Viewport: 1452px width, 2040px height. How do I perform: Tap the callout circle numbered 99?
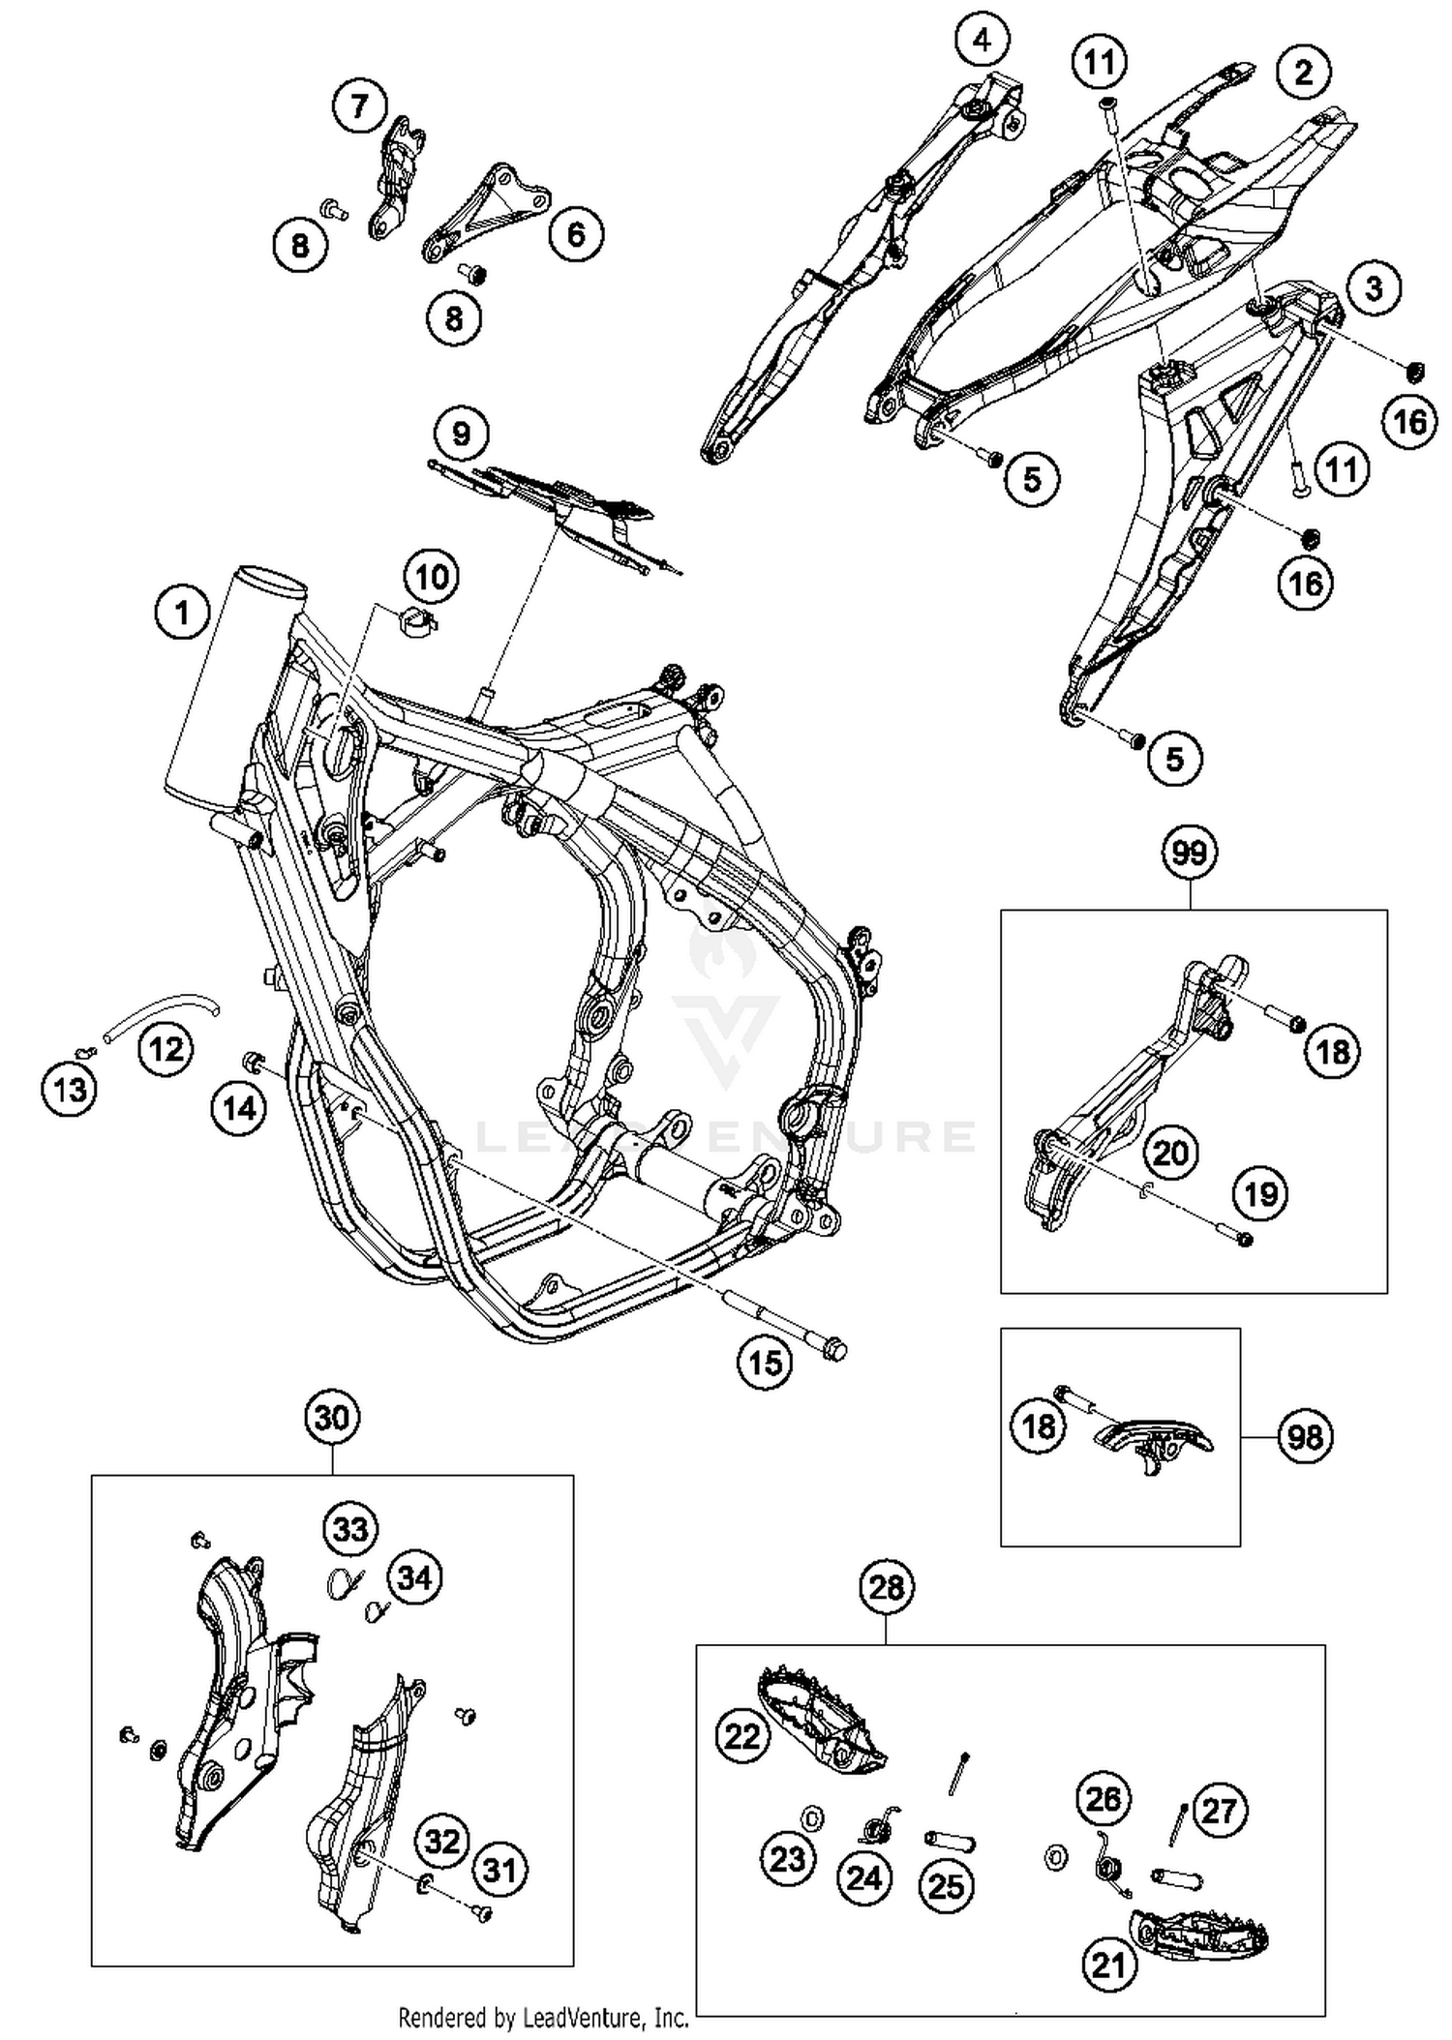(1190, 853)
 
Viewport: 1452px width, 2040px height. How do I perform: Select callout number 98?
(1304, 1436)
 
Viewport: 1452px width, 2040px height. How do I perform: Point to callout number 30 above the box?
(332, 1418)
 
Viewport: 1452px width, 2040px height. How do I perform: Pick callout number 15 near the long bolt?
(765, 1364)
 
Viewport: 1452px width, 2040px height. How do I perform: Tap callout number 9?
(461, 433)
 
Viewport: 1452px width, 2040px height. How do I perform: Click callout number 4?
(982, 41)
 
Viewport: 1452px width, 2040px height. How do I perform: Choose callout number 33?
(350, 1529)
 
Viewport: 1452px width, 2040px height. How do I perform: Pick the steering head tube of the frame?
(232, 687)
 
